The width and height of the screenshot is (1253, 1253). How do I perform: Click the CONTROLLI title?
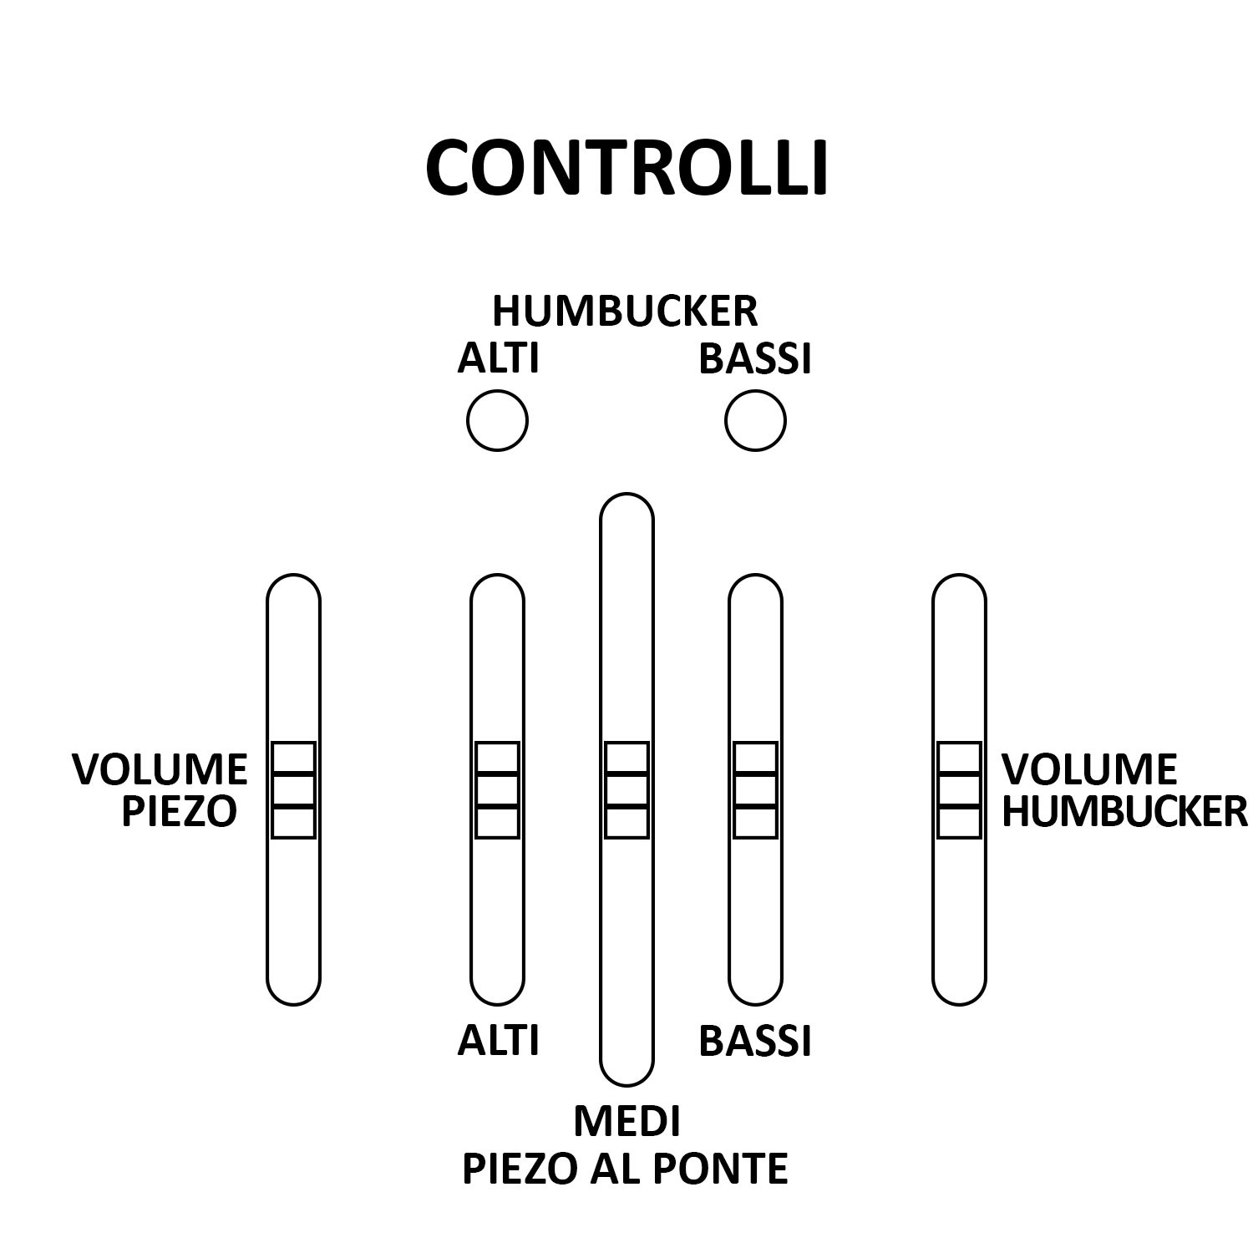[626, 168]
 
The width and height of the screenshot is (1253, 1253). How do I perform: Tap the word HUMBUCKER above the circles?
[625, 312]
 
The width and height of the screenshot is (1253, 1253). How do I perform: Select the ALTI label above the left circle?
[498, 358]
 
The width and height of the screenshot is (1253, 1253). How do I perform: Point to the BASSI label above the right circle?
[755, 358]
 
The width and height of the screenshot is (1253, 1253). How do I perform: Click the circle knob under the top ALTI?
[497, 420]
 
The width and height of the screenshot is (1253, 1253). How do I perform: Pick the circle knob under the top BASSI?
[755, 420]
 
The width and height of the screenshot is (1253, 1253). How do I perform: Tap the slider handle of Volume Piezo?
[293, 789]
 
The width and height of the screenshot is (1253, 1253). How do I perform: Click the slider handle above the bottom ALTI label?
[497, 789]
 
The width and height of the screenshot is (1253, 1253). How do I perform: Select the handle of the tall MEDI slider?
[626, 789]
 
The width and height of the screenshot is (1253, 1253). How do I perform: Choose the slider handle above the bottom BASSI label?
[755, 789]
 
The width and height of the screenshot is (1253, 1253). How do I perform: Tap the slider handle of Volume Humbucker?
[959, 789]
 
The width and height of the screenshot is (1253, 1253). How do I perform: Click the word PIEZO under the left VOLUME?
[179, 812]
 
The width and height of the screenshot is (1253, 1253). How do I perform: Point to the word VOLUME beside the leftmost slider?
[160, 769]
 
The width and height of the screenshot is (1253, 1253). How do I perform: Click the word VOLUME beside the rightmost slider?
[1089, 769]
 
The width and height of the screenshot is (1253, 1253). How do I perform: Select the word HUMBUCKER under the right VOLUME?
[1124, 812]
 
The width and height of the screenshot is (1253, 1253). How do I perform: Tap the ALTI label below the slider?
[498, 1041]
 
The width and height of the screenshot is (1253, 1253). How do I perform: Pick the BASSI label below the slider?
[755, 1041]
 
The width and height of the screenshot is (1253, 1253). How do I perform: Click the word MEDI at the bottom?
[626, 1121]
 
